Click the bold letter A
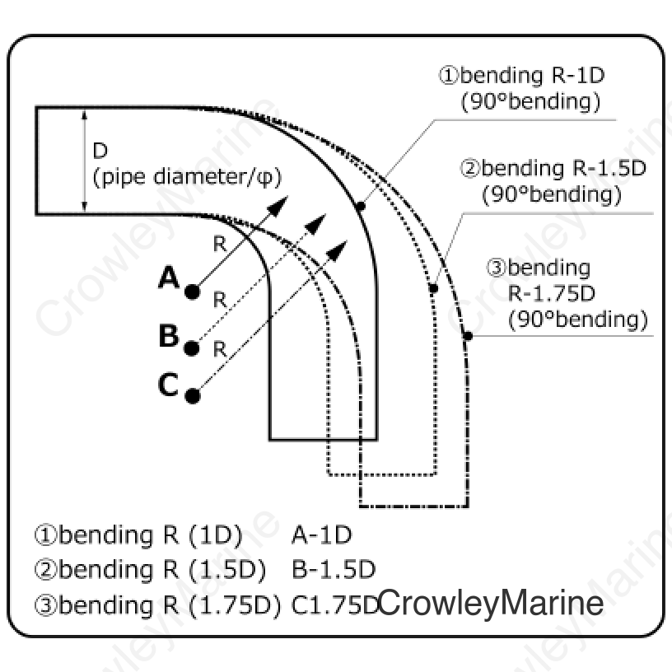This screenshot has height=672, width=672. click(x=169, y=278)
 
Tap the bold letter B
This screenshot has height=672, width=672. click(x=169, y=335)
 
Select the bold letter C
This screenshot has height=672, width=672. click(x=168, y=385)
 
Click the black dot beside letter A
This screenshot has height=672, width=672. click(x=193, y=292)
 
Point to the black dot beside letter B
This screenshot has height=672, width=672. click(x=192, y=348)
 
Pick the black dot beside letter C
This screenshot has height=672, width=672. click(x=193, y=396)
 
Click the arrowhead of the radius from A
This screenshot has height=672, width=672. click(x=278, y=205)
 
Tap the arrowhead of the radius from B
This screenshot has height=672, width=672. click(x=317, y=223)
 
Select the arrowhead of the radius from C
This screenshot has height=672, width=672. click(x=338, y=250)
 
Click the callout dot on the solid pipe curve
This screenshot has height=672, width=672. click(x=361, y=207)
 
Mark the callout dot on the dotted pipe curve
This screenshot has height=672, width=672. click(x=433, y=288)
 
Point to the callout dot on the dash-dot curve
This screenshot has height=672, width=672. click(x=468, y=336)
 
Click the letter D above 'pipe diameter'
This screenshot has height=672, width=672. click(x=100, y=151)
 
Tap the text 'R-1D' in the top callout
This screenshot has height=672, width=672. click(x=578, y=76)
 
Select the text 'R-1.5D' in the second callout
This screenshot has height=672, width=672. click(x=609, y=169)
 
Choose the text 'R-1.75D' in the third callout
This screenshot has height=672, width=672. click(x=552, y=293)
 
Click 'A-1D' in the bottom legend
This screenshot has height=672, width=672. click(x=321, y=534)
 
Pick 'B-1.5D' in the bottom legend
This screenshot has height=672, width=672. click(x=334, y=570)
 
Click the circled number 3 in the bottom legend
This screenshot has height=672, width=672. click(x=45, y=605)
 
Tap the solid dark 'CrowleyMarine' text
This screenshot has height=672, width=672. click(x=491, y=604)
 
